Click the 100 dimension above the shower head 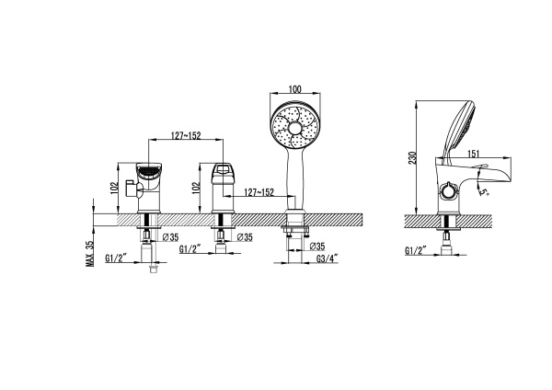294,89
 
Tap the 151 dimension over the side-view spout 474,154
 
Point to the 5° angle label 485,192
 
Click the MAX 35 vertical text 90,254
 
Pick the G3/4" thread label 327,258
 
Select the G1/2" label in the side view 416,250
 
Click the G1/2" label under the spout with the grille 116,258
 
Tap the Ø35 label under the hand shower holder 317,247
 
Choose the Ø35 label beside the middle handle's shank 245,237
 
